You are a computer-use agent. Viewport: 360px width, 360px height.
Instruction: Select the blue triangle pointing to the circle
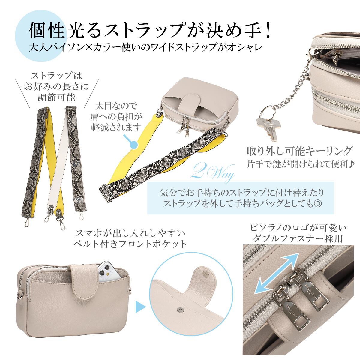pos(140,307)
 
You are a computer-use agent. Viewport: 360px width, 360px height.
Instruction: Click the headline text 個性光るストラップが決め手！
pos(150,31)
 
